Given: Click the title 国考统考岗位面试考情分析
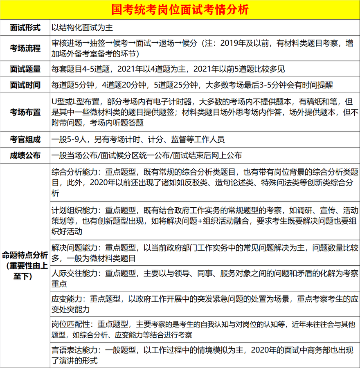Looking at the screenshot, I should (180, 9).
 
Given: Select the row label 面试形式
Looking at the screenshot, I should (25, 28).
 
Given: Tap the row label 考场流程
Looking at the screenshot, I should (25, 48).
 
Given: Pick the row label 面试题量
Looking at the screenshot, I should (25, 69).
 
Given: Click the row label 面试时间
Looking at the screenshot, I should (25, 85).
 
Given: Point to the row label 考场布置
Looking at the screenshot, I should (25, 112).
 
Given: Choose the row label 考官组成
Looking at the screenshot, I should (25, 139).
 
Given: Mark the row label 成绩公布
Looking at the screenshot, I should (25, 155).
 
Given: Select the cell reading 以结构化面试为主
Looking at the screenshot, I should (82, 28).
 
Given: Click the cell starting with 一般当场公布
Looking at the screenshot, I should (147, 155).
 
